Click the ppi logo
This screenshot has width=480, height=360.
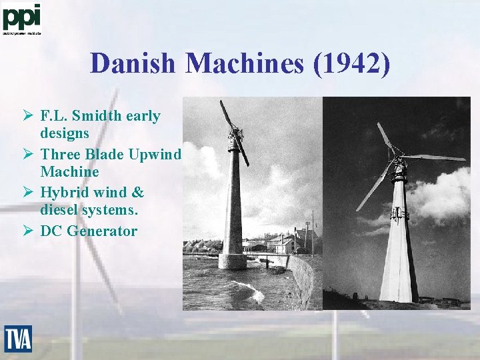[21, 18]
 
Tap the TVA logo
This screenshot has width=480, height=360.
[18, 338]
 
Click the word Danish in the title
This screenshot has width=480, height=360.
[133, 64]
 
